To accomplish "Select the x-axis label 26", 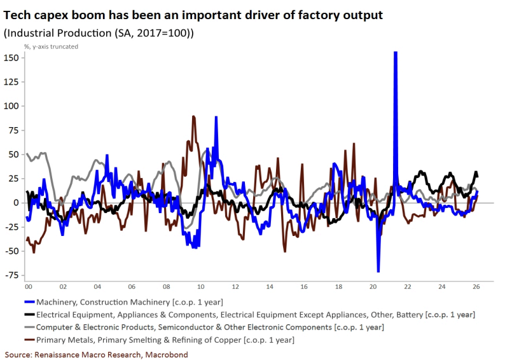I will click(476, 287).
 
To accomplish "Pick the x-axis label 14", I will click(270, 287).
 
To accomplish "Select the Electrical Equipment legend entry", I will click(254, 314).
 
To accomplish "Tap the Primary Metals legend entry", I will click(165, 340).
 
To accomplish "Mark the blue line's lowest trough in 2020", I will click(378, 272).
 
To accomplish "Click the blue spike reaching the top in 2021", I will click(396, 53).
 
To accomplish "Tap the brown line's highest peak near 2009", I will click(193, 116).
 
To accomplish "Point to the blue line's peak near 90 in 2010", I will click(216, 117).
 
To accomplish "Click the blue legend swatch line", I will click(29, 301).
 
